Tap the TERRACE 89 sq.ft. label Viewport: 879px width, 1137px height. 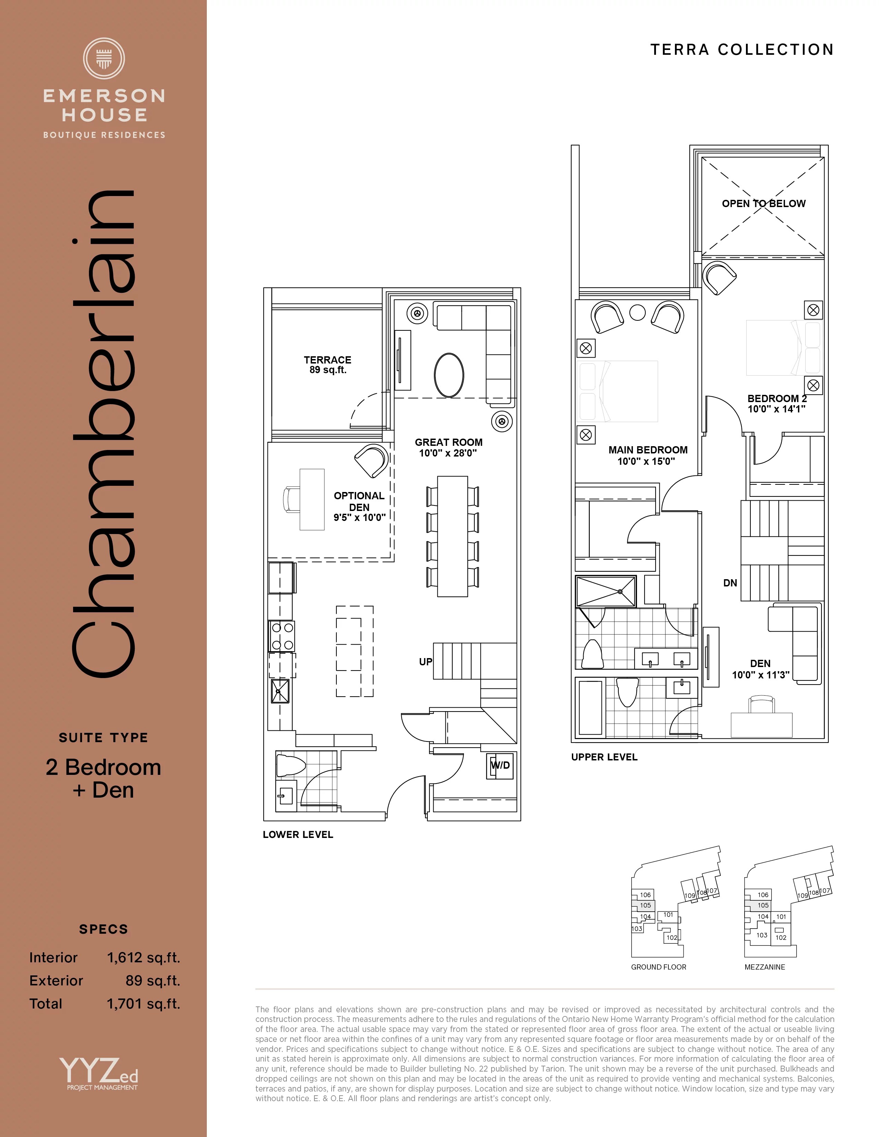327,365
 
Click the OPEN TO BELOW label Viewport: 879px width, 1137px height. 764,204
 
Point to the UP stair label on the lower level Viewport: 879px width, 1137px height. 425,662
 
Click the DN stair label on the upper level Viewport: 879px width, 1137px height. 730,583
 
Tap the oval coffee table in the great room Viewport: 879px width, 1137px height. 449,375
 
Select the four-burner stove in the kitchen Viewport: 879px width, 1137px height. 282,636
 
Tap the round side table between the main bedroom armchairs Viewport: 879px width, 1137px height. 637,313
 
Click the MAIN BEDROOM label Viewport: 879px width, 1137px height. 648,450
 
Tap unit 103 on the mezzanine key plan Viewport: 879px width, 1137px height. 762,935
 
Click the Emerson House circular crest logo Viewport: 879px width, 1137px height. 104,58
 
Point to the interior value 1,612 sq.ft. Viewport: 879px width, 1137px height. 143,957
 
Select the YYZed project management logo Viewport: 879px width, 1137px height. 99,1073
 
